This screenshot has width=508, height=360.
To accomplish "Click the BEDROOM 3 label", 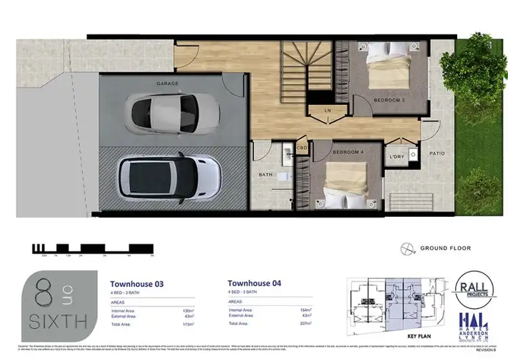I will point(391,100).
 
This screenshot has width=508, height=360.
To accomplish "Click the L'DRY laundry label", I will point(396,157).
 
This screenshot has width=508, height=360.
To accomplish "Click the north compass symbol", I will point(405,248).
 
